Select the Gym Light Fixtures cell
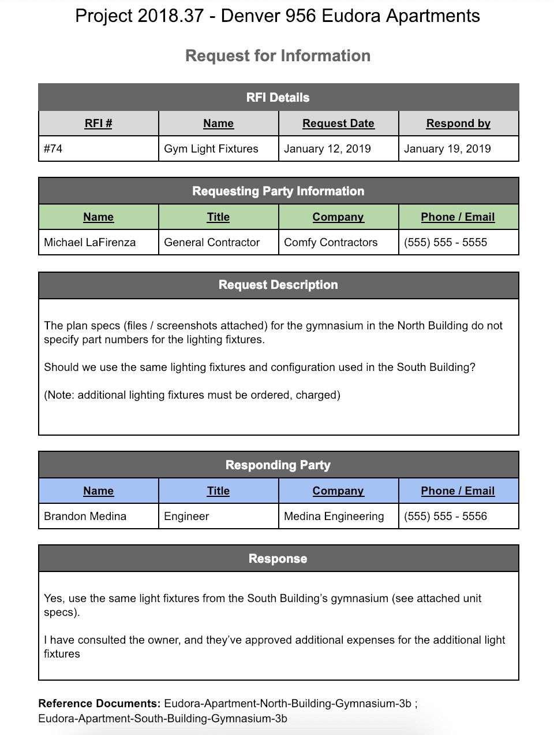click(x=211, y=149)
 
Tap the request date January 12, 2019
click(x=327, y=149)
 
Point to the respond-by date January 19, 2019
click(x=447, y=149)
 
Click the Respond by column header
click(x=458, y=124)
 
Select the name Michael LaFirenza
click(x=90, y=243)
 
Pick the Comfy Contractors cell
click(x=331, y=243)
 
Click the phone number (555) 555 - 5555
click(x=446, y=243)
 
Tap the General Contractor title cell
click(x=212, y=243)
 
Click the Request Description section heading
click(x=278, y=285)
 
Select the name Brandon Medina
click(x=85, y=517)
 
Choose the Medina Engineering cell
click(x=334, y=517)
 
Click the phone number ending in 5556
click(x=446, y=517)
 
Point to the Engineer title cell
click(x=186, y=517)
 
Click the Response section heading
click(x=278, y=559)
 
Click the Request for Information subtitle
click(x=278, y=56)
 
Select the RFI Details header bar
click(x=278, y=98)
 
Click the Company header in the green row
click(x=338, y=217)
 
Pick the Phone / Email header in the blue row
click(x=458, y=491)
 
